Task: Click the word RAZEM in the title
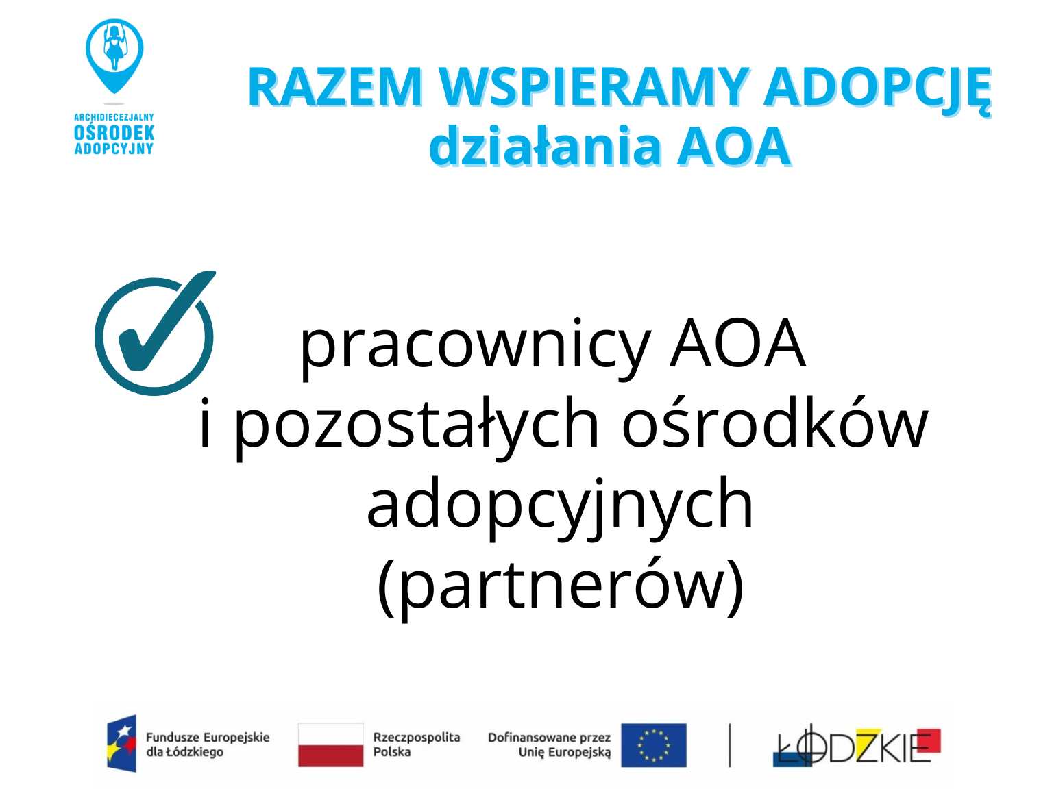335,87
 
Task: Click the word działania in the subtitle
544,145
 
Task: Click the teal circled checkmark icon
155,332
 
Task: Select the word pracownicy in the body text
475,347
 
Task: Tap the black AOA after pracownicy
737,343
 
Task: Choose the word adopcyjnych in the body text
560,507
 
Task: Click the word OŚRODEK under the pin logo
114,133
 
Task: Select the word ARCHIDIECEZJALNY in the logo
114,117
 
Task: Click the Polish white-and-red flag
331,744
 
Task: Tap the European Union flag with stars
654,745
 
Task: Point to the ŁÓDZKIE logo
857,745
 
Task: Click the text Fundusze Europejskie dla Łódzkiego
208,744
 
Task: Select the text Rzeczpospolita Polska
417,744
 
